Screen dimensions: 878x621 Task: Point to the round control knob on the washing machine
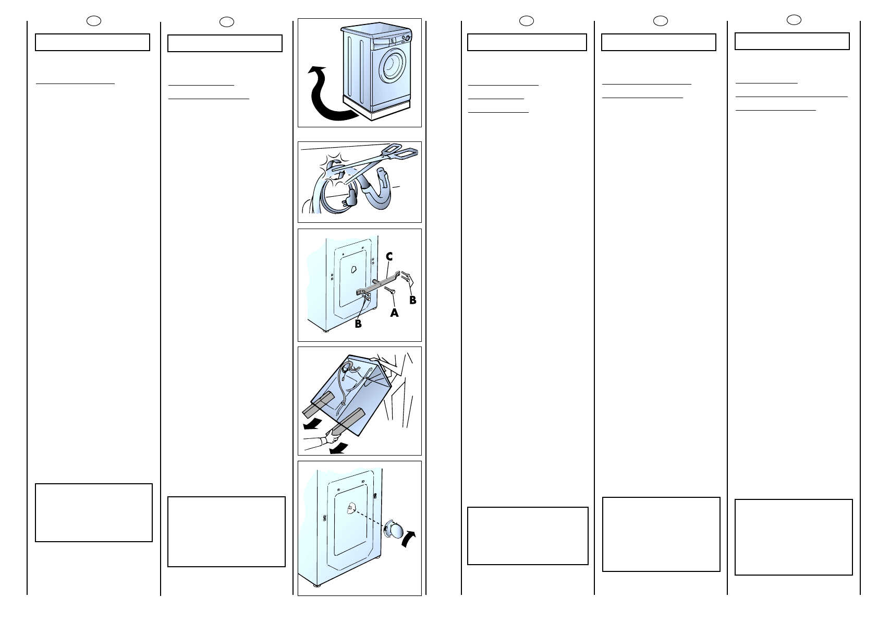pos(408,39)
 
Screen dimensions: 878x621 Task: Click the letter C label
pos(389,257)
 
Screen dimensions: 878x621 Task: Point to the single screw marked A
pos(389,290)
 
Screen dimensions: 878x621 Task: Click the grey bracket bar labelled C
pos(378,282)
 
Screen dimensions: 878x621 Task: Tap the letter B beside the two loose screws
pos(412,300)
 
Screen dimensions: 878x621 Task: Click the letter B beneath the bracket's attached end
pos(358,324)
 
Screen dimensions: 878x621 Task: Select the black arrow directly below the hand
pos(338,448)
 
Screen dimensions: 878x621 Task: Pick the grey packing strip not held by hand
pos(318,405)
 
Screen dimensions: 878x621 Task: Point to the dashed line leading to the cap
pos(369,518)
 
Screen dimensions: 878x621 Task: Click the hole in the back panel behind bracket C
pos(353,269)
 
